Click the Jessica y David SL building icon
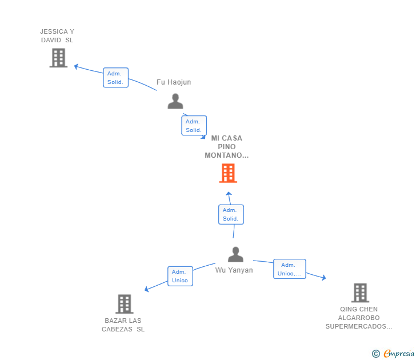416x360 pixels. pyautogui.click(x=58, y=58)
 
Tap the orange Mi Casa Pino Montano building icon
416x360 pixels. pyautogui.click(x=228, y=173)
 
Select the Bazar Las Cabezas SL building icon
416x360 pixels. pyautogui.click(x=124, y=304)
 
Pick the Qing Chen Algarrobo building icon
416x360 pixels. pyautogui.click(x=360, y=293)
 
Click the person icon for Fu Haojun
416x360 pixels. pyautogui.click(x=175, y=101)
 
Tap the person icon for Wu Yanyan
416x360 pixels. pyautogui.click(x=235, y=254)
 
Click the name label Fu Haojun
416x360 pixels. pyautogui.click(x=174, y=82)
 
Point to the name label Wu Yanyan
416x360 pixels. pyautogui.click(x=234, y=270)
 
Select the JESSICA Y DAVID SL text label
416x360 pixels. pyautogui.click(x=57, y=36)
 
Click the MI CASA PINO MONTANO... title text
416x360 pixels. pyautogui.click(x=227, y=147)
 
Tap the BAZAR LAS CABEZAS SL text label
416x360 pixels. pyautogui.click(x=123, y=325)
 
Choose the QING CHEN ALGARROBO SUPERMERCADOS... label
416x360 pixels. pyautogui.click(x=359, y=318)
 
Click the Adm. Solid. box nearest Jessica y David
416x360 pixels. pyautogui.click(x=115, y=78)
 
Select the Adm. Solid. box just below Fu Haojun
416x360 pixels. pyautogui.click(x=194, y=126)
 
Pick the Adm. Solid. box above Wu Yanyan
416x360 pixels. pyautogui.click(x=231, y=214)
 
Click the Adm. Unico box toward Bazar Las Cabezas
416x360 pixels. pyautogui.click(x=180, y=276)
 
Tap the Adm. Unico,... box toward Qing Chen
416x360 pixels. pyautogui.click(x=289, y=269)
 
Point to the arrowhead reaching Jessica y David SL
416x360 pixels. pyautogui.click(x=76, y=66)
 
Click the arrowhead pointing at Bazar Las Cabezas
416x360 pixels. pyautogui.click(x=147, y=290)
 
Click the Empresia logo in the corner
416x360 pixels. pyautogui.click(x=394, y=354)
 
